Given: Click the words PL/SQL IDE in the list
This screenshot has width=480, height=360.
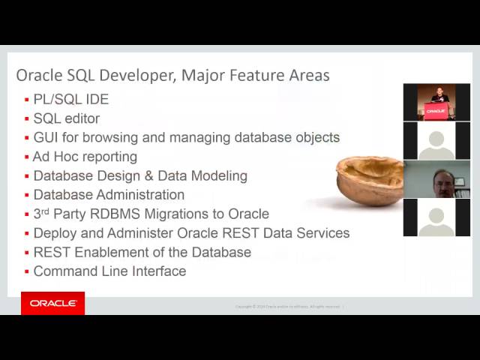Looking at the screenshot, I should pos(70,99).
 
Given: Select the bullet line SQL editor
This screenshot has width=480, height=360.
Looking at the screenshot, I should pos(66,118).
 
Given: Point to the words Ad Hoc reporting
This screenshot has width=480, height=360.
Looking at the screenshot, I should pos(85,157).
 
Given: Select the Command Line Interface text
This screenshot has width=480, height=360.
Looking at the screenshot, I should pos(109,271).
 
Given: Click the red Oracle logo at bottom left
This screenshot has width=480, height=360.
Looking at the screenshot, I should pos(52,303).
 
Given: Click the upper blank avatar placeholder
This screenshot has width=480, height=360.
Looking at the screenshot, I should pos(436,140).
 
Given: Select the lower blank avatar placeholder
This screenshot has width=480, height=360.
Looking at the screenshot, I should pos(436,217).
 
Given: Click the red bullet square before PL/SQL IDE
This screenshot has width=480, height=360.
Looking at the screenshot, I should pos(27,100).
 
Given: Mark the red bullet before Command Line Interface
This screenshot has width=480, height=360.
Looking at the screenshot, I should pos(27,272).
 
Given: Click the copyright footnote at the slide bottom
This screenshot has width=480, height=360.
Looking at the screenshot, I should pos(289,306).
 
